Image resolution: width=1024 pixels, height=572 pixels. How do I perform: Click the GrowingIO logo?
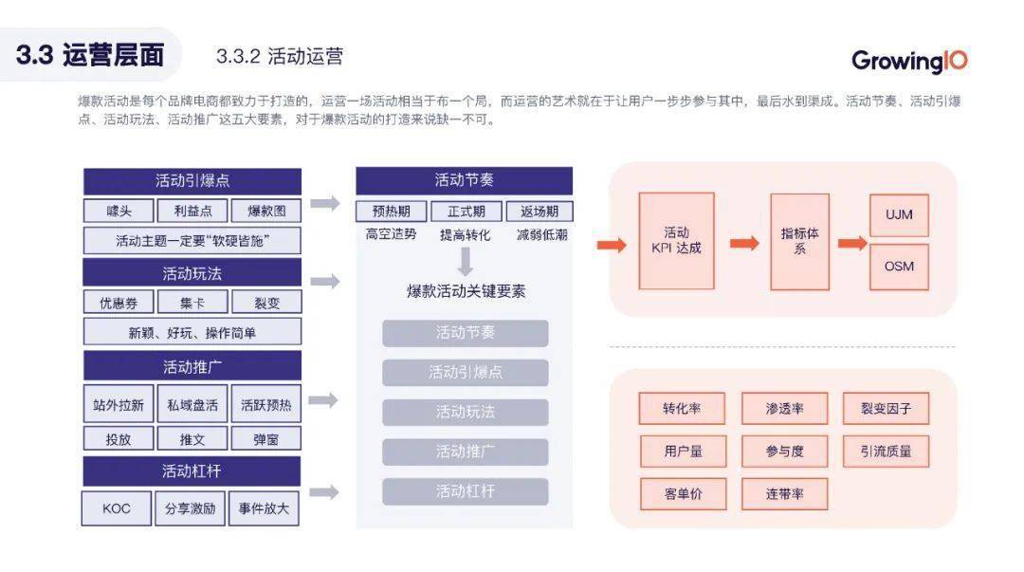(909, 61)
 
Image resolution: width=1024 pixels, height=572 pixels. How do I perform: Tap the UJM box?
(899, 214)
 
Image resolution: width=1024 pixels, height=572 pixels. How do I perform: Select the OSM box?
(899, 267)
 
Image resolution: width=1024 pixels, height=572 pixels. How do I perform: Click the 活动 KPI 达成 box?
(676, 241)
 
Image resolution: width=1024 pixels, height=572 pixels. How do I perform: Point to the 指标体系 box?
(799, 241)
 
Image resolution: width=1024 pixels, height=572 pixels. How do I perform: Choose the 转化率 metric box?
(682, 409)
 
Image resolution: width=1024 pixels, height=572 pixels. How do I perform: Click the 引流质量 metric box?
(886, 452)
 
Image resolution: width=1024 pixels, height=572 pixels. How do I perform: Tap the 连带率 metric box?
(784, 493)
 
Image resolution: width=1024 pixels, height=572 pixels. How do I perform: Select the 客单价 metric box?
(683, 493)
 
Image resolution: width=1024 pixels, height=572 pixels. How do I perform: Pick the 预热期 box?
(392, 212)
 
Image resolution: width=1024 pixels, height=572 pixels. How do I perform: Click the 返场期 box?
(539, 212)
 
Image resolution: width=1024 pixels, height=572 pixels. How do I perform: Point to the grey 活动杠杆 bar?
(465, 491)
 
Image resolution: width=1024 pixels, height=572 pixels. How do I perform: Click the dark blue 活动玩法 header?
(192, 273)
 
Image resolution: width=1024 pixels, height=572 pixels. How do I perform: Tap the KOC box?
(117, 508)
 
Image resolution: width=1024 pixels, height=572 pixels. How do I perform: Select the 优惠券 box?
(119, 303)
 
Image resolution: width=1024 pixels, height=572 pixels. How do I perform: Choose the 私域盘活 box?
(192, 405)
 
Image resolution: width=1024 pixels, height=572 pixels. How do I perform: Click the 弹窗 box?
(265, 439)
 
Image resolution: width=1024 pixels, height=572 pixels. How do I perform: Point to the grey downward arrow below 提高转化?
(465, 262)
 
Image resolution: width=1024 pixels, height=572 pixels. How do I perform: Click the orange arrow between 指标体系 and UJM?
(852, 243)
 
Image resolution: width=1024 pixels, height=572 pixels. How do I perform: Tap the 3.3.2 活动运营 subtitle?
(280, 56)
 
